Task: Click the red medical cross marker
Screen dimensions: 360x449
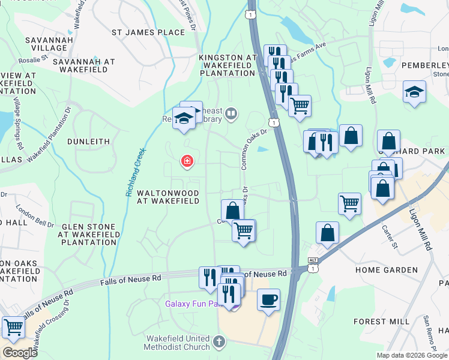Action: pyautogui.click(x=187, y=161)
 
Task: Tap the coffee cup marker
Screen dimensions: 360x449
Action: pyautogui.click(x=268, y=299)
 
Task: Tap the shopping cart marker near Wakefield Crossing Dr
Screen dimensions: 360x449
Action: pyautogui.click(x=13, y=327)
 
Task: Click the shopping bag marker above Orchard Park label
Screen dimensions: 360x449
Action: pyautogui.click(x=389, y=141)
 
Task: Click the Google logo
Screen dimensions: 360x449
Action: pyautogui.click(x=20, y=352)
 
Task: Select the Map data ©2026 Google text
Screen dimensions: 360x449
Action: pyautogui.click(x=411, y=355)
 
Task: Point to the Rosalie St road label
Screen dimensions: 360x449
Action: pyautogui.click(x=37, y=59)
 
